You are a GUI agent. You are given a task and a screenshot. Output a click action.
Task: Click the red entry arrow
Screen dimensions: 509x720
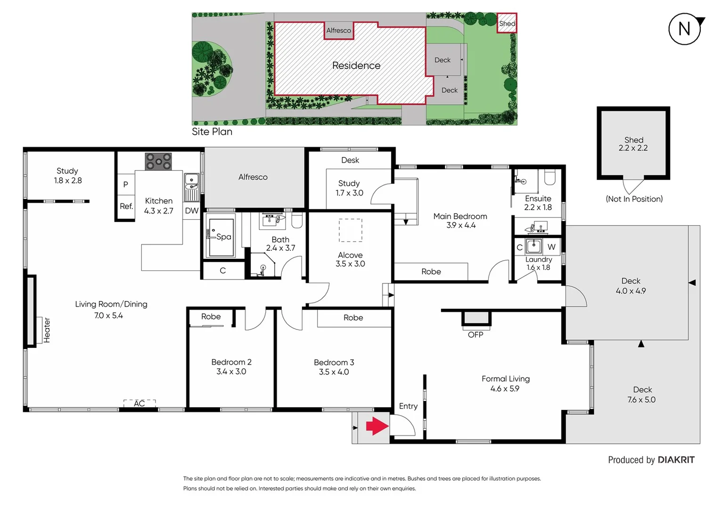[377, 426]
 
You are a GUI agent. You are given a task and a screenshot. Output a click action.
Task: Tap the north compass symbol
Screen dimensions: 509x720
[685, 29]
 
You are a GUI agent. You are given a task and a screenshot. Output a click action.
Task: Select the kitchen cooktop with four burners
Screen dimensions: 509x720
[158, 162]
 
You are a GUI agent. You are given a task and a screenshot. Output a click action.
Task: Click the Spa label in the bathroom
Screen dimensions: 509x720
[223, 237]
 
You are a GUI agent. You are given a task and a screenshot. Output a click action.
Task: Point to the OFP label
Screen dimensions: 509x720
[475, 335]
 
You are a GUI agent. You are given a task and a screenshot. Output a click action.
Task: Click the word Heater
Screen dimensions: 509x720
[47, 330]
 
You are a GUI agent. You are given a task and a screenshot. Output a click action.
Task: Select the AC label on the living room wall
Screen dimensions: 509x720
[139, 403]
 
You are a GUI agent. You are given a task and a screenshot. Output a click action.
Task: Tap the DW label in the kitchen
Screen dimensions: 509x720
[191, 211]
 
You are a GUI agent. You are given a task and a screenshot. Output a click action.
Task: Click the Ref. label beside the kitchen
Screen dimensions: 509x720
[126, 206]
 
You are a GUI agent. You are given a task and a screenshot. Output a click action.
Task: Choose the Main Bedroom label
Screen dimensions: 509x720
[460, 216]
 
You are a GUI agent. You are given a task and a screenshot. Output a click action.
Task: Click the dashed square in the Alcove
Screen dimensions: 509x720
[350, 230]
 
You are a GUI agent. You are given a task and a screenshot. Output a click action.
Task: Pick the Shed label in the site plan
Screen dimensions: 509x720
[507, 24]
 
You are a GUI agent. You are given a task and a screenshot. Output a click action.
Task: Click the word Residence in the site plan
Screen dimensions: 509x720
[356, 66]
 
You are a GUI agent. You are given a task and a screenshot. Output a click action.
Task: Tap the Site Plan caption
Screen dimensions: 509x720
[212, 132]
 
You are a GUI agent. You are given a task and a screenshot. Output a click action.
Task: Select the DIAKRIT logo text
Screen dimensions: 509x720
[676, 460]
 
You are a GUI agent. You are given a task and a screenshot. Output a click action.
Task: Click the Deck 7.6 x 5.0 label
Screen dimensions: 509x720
[642, 394]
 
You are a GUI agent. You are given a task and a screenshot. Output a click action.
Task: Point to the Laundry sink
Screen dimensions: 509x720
[534, 246]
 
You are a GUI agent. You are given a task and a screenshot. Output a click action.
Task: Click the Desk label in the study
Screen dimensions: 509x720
[350, 160]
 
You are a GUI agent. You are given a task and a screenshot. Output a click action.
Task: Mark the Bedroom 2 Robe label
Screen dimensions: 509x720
[211, 317]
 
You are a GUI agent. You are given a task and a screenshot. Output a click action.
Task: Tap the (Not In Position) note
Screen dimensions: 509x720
[634, 199]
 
